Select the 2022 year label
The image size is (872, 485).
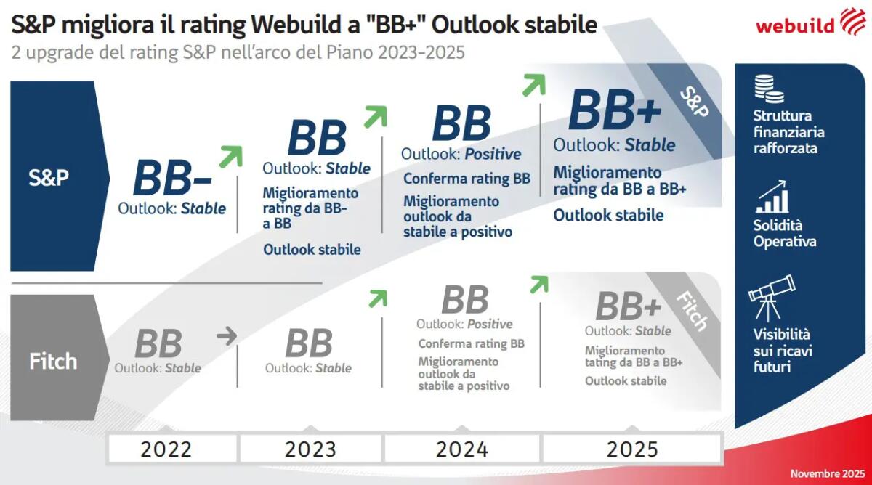[x=166, y=449]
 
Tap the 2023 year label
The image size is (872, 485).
[x=310, y=449]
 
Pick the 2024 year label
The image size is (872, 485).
[x=462, y=449]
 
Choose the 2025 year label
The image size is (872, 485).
[x=632, y=449]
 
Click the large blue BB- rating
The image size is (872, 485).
[x=172, y=178]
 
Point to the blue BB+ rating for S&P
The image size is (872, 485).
[x=615, y=110]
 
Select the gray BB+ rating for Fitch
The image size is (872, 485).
[x=629, y=306]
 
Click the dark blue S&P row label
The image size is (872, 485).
[x=49, y=177]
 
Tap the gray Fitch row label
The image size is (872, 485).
[x=52, y=361]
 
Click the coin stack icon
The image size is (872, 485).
[x=769, y=88]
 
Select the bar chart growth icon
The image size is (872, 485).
[x=772, y=197]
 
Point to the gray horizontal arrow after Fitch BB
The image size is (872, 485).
[x=227, y=335]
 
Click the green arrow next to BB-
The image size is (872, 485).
[x=230, y=155]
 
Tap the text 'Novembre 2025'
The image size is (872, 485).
[x=825, y=473]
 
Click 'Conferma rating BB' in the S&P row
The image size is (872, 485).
[x=467, y=179]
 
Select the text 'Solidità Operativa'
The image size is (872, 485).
[x=785, y=233]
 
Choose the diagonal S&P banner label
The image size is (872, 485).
[x=694, y=102]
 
